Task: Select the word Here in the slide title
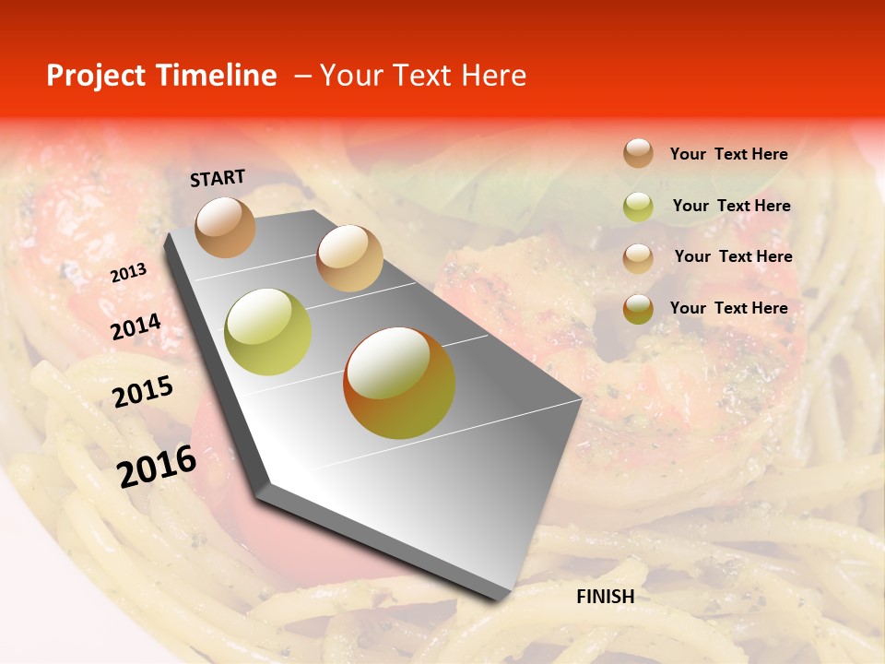[493, 76]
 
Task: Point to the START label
[218, 178]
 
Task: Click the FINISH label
[606, 597]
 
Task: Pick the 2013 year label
[128, 273]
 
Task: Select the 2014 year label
[136, 327]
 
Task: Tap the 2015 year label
[143, 392]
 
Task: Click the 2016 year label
[157, 467]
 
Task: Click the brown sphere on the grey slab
[225, 227]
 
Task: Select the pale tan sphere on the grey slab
[349, 258]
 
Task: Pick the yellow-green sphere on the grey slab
[268, 332]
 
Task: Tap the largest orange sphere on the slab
[399, 383]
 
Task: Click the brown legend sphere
[638, 153]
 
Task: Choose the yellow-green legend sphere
[638, 207]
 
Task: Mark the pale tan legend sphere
[638, 257]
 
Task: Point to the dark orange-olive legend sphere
[638, 309]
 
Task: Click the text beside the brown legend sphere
[728, 154]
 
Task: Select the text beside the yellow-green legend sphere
[731, 206]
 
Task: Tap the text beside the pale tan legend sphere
[733, 256]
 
